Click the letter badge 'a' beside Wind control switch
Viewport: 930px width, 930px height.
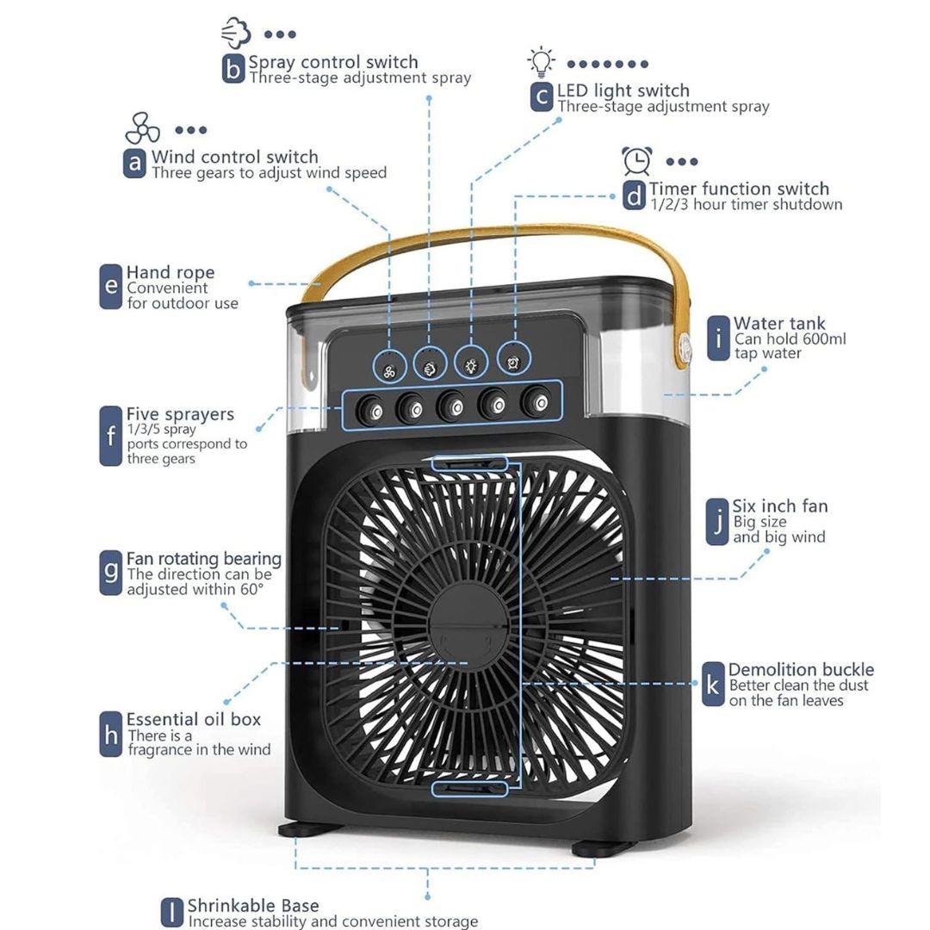[134, 163]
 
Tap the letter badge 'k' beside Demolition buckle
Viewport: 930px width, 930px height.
[713, 685]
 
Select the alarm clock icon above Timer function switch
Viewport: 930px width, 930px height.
[637, 161]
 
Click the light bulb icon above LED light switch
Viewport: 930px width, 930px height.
[541, 62]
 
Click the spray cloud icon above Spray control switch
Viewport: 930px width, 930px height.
[236, 33]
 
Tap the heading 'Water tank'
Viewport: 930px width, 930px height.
[778, 323]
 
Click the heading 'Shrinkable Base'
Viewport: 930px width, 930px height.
[253, 906]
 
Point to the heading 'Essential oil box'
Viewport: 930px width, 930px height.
[194, 719]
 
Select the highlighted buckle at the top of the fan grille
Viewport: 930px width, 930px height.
[469, 463]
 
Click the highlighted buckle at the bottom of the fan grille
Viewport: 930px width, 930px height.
[469, 789]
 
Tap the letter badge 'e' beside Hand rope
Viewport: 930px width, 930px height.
[110, 287]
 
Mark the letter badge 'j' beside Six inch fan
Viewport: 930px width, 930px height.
[717, 521]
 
